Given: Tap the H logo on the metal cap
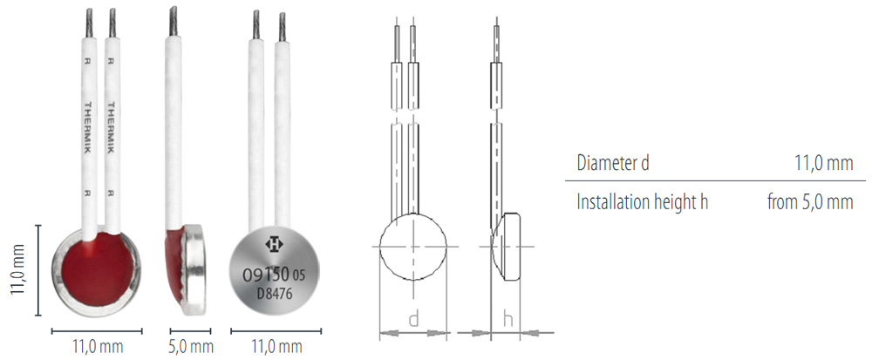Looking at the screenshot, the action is [274, 244].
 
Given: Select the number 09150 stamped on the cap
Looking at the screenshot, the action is [265, 275].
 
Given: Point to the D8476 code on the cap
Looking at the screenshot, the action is [275, 293].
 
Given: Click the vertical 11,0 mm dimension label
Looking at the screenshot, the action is [19, 268].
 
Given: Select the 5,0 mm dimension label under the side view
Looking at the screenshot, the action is [191, 348].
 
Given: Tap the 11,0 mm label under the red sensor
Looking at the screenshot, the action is [98, 348].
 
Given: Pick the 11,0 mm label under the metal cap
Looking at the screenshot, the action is [276, 348].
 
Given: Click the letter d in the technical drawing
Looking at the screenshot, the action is [413, 319].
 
